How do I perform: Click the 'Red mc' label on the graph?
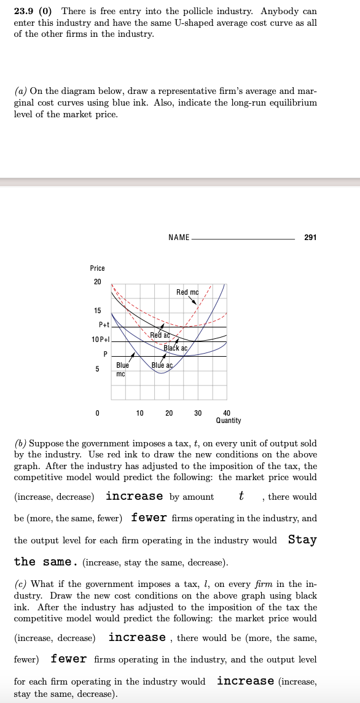[x=187, y=292]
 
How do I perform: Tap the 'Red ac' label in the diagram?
[x=160, y=335]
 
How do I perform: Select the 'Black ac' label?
[x=175, y=348]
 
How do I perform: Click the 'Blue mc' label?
[x=122, y=368]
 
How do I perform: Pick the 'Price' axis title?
[x=97, y=268]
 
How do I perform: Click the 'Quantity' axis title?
[x=229, y=421]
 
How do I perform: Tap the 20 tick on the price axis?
[x=96, y=282]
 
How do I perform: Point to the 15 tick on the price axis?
[x=96, y=310]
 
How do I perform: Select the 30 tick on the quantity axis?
[x=198, y=413]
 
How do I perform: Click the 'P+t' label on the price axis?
[x=103, y=325]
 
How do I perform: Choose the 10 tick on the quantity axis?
[x=140, y=413]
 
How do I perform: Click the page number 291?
[x=310, y=237]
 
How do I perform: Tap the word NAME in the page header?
[x=178, y=237]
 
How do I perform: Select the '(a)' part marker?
[x=20, y=91]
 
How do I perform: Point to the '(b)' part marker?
[x=20, y=443]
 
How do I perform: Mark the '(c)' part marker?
[x=20, y=584]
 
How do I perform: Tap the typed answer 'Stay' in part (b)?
[x=302, y=540]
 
